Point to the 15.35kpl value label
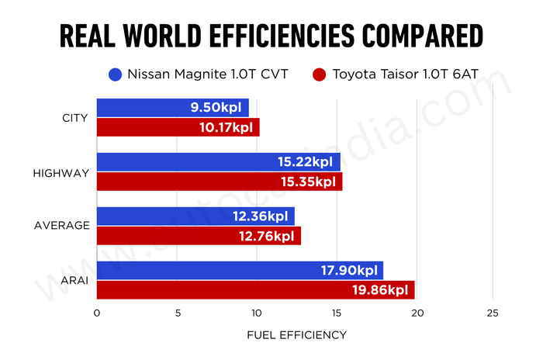309,182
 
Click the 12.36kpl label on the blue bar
261,216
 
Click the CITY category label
74,118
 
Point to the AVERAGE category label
62,226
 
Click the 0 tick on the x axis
96,313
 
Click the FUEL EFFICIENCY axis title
296,335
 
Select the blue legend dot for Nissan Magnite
116,75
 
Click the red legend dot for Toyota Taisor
318,75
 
